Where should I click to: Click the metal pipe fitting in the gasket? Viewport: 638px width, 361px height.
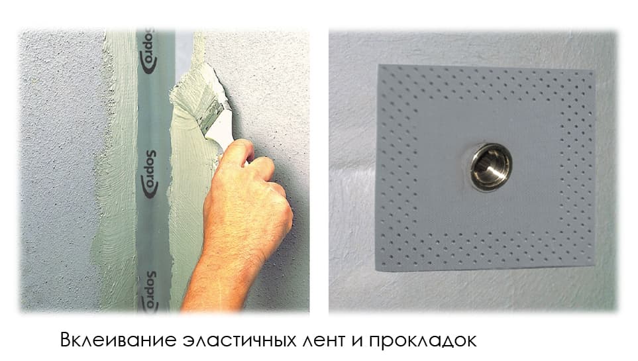(490, 167)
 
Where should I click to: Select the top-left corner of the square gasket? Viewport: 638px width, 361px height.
(380, 66)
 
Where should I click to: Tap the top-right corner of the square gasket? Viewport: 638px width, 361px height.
(594, 70)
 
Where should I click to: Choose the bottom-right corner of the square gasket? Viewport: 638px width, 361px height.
(593, 264)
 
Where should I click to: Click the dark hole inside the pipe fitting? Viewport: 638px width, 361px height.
(491, 168)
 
